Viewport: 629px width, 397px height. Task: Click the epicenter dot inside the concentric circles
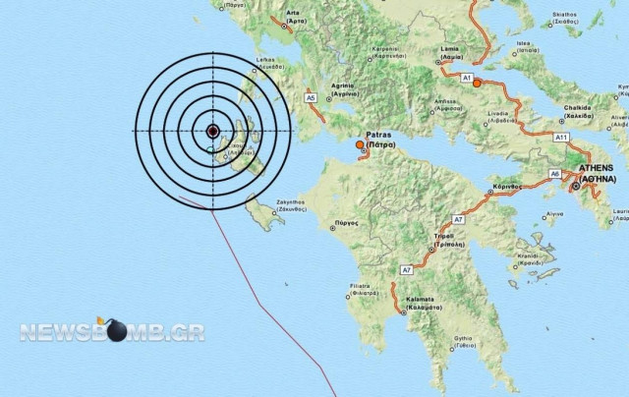point(213,131)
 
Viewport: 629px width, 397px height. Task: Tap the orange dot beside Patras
point(360,146)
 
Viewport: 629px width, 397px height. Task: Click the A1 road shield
point(467,78)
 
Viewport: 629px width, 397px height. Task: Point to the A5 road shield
point(311,98)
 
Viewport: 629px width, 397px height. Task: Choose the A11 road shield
point(561,137)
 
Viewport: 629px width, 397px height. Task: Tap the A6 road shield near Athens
point(554,173)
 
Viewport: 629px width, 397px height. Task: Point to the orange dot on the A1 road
point(477,85)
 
